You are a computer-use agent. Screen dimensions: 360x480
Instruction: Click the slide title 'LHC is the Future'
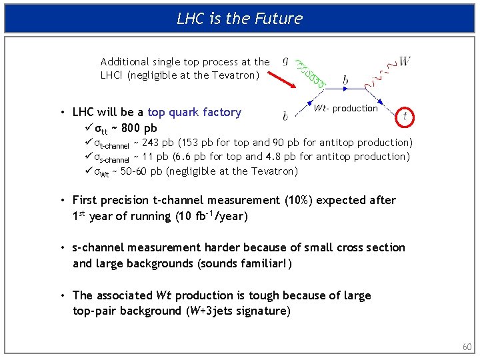[x=239, y=18]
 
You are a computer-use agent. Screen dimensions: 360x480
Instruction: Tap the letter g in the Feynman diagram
[x=286, y=60]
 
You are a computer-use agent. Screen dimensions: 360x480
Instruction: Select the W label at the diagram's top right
[x=405, y=61]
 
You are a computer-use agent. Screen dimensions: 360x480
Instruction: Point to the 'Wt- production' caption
[x=345, y=109]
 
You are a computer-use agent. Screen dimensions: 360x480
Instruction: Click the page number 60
[x=466, y=347]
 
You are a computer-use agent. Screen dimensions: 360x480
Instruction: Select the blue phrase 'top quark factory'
[x=194, y=113]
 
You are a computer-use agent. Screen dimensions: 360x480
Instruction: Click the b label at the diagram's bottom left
[x=285, y=117]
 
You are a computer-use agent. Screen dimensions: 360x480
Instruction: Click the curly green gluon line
[x=311, y=72]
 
